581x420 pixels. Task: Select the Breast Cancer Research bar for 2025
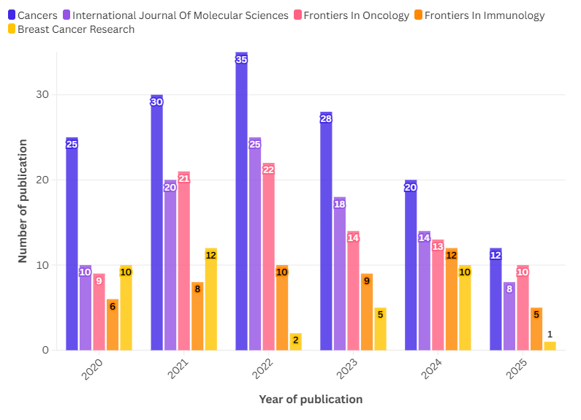[x=550, y=345]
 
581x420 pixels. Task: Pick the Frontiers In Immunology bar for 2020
[x=112, y=324]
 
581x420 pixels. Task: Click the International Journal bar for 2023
[x=339, y=273]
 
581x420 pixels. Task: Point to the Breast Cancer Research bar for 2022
[x=295, y=341]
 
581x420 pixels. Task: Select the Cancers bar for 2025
[x=495, y=299]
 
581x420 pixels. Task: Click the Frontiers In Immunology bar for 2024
[x=451, y=299]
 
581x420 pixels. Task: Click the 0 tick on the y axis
[x=45, y=350]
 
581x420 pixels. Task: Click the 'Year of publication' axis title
[x=311, y=400]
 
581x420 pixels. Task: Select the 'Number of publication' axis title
[x=23, y=201]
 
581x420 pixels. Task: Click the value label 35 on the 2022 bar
[x=241, y=60]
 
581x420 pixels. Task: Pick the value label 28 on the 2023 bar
[x=326, y=119]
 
